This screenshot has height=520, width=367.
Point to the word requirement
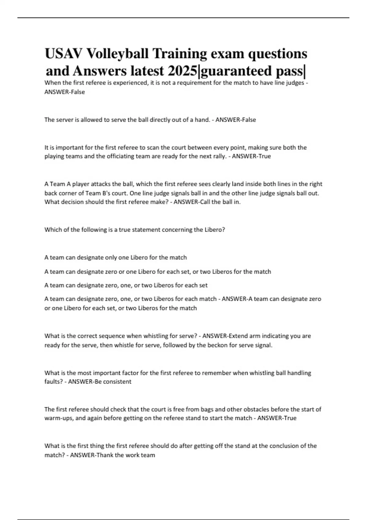click(192, 83)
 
